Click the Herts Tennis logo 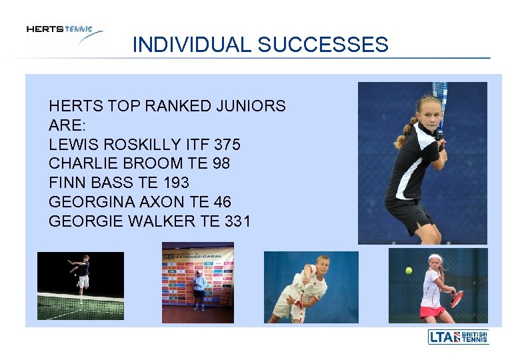[x=64, y=33]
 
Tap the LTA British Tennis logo [x=458, y=337]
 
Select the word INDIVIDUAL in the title [x=192, y=45]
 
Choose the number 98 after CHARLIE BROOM [x=220, y=163]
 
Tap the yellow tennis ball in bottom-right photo [x=409, y=271]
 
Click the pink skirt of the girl [x=433, y=311]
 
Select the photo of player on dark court [x=80, y=286]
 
